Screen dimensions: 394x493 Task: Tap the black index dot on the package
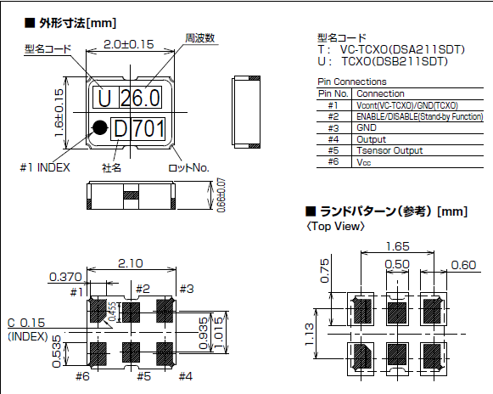point(100,128)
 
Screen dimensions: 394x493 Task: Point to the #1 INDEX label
point(45,167)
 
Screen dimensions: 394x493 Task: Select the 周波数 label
point(199,38)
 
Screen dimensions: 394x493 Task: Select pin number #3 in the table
point(333,127)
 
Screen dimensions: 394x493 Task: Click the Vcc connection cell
point(365,161)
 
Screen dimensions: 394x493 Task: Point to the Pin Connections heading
point(350,82)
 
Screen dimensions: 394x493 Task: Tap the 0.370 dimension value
point(64,277)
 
